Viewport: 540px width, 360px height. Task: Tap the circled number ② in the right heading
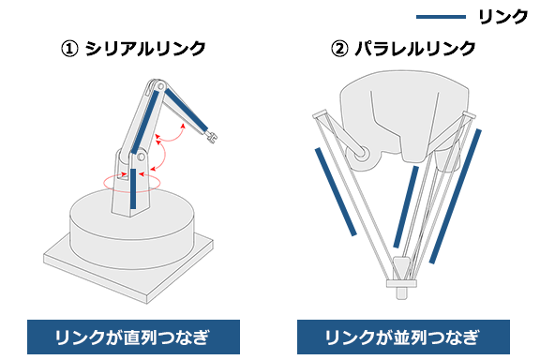point(341,48)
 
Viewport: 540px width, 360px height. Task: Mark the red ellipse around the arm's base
point(132,180)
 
